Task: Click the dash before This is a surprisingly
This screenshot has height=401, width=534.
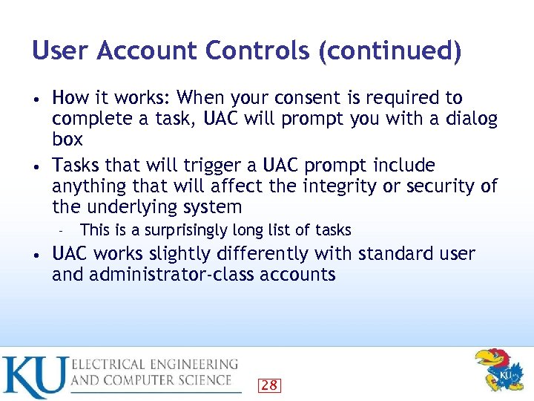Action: [x=64, y=231]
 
